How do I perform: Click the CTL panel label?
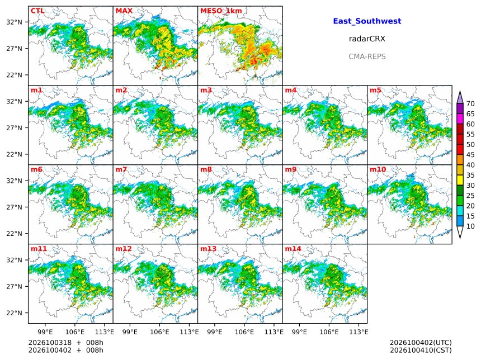pos(37,11)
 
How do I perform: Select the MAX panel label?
pos(124,11)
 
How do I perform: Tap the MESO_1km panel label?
pos(221,11)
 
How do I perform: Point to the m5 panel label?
pos(375,90)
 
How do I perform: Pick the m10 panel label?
pos(378,169)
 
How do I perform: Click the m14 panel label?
pos(293,249)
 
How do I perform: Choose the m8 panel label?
pos(206,169)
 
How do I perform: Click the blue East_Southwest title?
pos(367,21)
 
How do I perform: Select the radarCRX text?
pos(367,39)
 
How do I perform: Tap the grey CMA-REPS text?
pos(367,56)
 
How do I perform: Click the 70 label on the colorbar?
pos(470,104)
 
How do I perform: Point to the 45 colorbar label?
pos(470,155)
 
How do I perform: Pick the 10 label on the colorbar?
pos(470,226)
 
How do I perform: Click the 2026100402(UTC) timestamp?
pos(421,343)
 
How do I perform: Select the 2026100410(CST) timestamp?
pos(421,350)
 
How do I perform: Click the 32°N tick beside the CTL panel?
pos(15,22)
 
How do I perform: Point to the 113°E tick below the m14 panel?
pos(359,332)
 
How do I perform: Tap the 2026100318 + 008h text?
pos(65,343)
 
